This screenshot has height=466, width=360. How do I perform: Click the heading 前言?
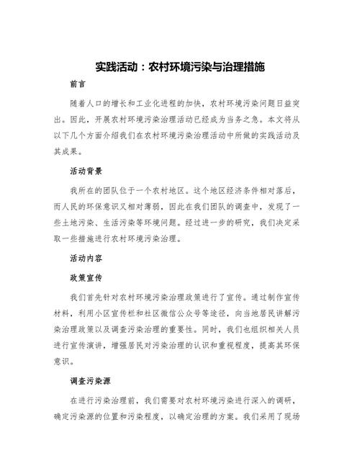pyautogui.click(x=80, y=84)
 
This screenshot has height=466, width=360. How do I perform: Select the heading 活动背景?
pyautogui.click(x=86, y=171)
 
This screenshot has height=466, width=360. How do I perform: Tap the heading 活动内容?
pyautogui.click(x=86, y=258)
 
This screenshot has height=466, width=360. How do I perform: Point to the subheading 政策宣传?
pyautogui.click(x=86, y=276)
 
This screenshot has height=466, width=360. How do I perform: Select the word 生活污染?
pyautogui.click(x=130, y=223)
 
